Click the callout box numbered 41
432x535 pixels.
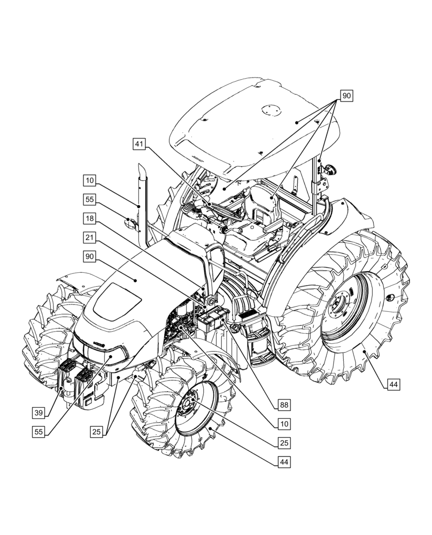[140, 144]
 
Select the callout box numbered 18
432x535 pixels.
[89, 218]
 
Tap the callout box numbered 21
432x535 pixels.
[89, 236]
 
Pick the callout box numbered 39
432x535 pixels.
[38, 413]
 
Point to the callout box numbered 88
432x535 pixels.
[283, 404]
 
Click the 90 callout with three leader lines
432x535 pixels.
[346, 96]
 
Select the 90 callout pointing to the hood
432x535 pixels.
[89, 256]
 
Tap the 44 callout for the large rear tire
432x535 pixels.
[393, 384]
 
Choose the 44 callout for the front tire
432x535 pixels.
[284, 461]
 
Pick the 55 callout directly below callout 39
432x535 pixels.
[38, 431]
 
